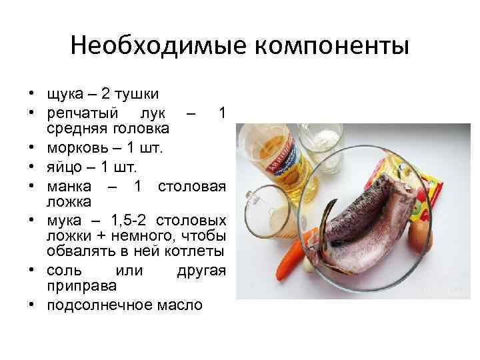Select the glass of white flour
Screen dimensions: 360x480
pyautogui.click(x=320, y=143)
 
